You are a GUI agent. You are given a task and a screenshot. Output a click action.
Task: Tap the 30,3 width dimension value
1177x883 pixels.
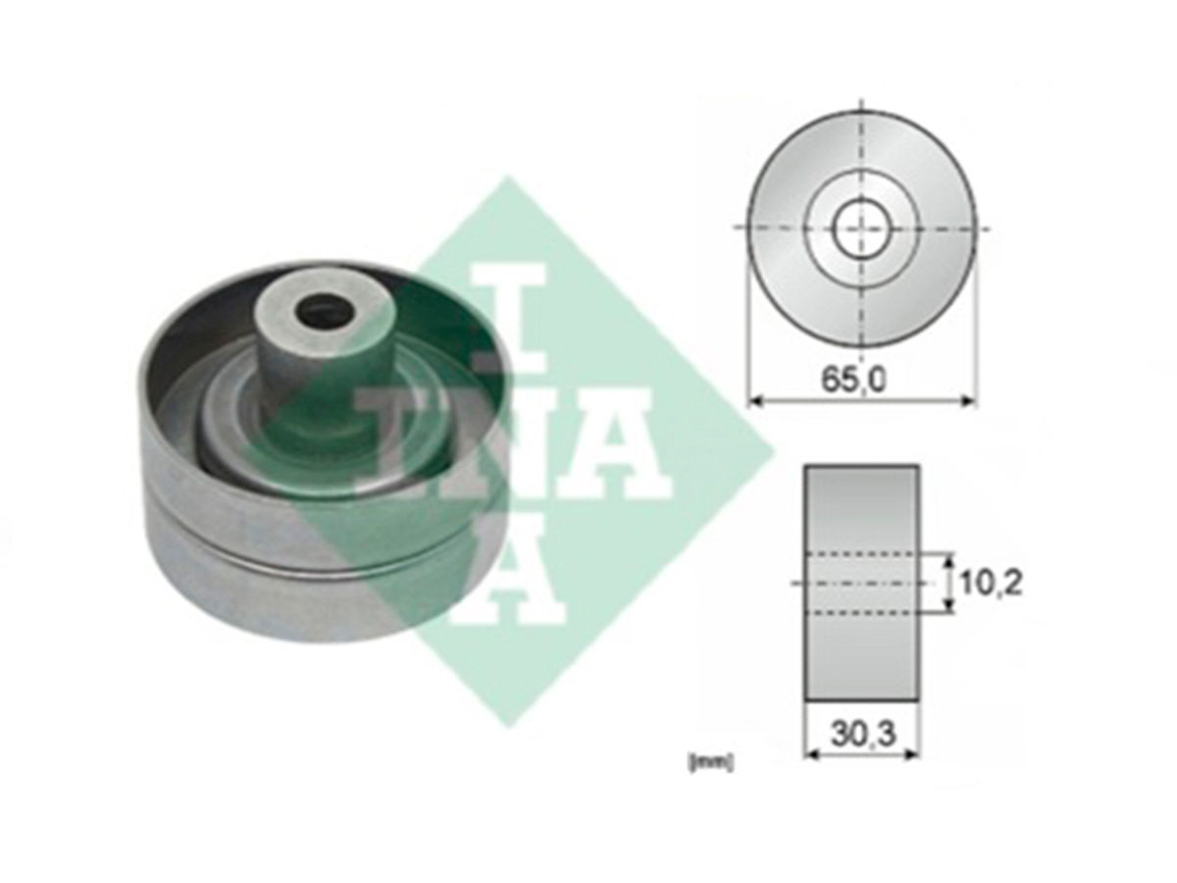863,735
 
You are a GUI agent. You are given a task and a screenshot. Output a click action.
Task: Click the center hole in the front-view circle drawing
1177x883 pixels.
861,228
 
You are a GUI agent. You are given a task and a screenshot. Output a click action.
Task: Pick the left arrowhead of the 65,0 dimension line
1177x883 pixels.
756,400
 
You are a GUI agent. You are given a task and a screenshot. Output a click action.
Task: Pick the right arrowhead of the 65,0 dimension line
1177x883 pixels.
965,400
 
